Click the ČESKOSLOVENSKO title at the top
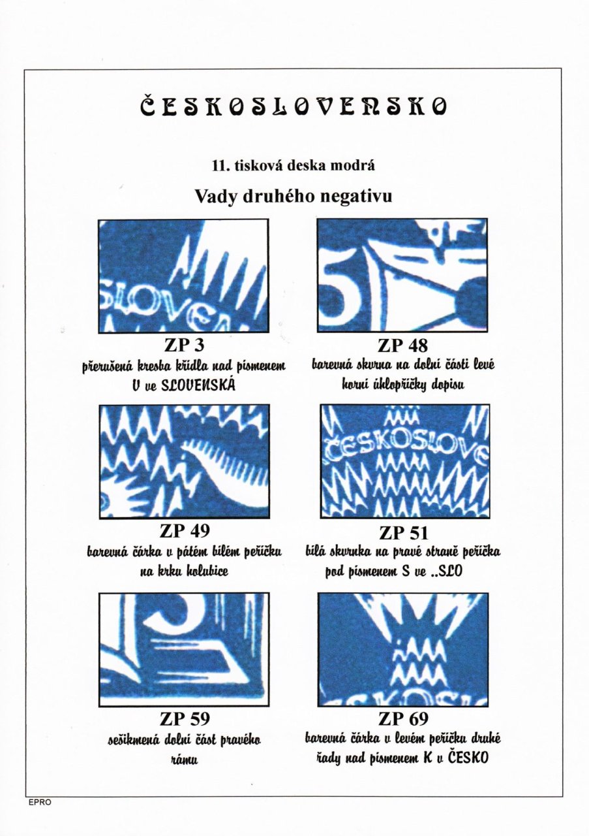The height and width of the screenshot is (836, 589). (x=294, y=106)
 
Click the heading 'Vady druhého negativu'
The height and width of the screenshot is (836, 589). (x=294, y=196)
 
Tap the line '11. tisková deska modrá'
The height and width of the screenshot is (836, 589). (x=294, y=165)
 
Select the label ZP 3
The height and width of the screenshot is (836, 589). (x=184, y=346)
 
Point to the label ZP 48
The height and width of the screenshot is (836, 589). (x=402, y=346)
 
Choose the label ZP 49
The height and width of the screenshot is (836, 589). (x=184, y=531)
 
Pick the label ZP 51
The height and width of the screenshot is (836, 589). (x=404, y=533)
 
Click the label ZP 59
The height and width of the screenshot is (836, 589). (x=185, y=718)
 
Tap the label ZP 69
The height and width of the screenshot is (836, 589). (x=403, y=718)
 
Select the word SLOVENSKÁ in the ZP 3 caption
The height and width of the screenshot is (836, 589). (x=198, y=385)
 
